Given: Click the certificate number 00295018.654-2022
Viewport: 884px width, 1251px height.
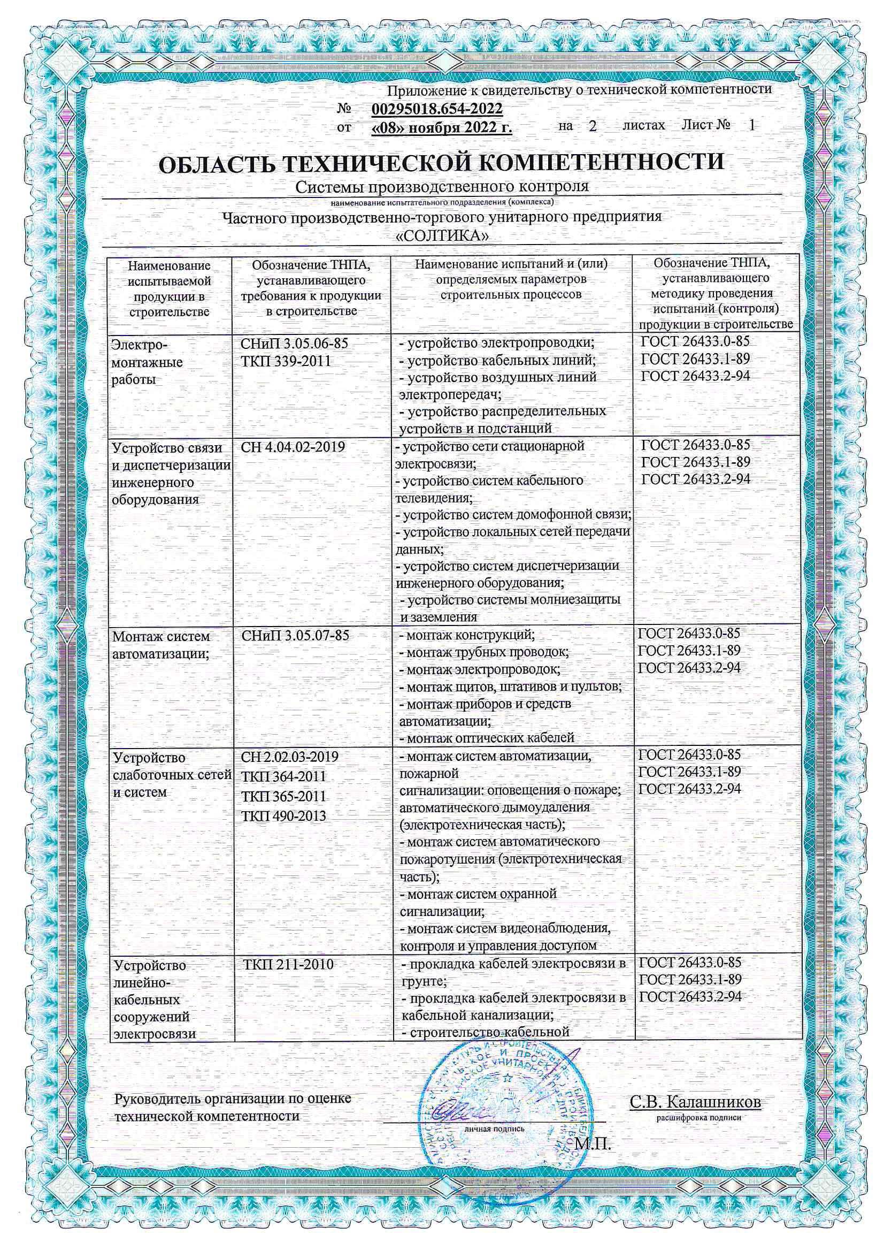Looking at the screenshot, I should coord(436,110).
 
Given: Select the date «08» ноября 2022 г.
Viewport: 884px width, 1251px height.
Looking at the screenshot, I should coord(441,127).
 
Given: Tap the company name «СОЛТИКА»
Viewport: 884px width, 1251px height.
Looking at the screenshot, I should coord(441,236).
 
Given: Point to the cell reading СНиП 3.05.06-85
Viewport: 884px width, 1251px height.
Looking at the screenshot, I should coord(294,344).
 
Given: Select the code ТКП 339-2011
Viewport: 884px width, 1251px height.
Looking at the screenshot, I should coord(286,361).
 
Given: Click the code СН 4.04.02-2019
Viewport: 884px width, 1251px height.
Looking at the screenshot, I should coord(293,447).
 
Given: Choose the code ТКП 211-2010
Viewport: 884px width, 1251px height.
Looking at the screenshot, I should coord(288,964).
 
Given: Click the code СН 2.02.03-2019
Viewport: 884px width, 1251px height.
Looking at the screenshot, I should coord(289,757).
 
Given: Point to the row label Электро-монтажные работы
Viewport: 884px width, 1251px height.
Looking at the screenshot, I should coord(147,362).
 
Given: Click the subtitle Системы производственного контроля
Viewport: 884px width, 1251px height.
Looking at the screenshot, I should coord(442,187).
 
